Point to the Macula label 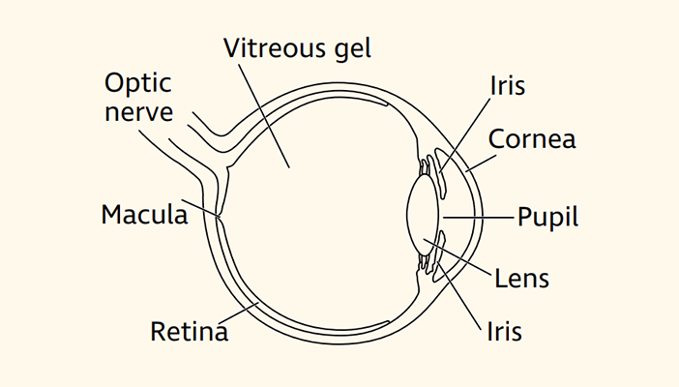pos(143,214)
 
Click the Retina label pos(189,332)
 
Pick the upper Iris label pos(506,86)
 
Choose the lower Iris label pos(504,332)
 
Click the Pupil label pos(547,216)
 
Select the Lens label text pos(521,279)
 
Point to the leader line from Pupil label pos(479,215)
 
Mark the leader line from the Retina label pos(242,312)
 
